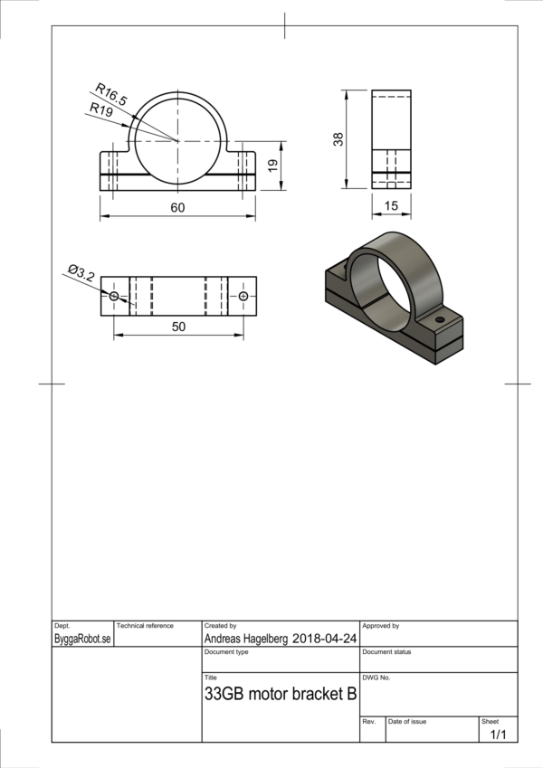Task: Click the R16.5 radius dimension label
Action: tap(112, 93)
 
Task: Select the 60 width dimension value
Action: tap(177, 208)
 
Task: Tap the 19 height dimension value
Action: tap(271, 166)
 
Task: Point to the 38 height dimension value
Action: tap(338, 139)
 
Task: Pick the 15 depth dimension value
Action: tap(391, 206)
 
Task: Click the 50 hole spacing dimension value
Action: tap(178, 327)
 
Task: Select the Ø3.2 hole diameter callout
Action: tap(81, 271)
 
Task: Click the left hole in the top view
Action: tap(114, 297)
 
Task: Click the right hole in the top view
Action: tap(243, 297)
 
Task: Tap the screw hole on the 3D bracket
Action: tap(440, 319)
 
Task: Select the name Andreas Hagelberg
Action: tap(246, 638)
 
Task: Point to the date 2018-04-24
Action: tap(324, 638)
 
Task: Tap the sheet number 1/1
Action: tap(498, 735)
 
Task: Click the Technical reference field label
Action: tap(145, 626)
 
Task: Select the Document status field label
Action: tap(386, 651)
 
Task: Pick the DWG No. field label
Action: tap(376, 678)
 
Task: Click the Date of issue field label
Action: tap(407, 721)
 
